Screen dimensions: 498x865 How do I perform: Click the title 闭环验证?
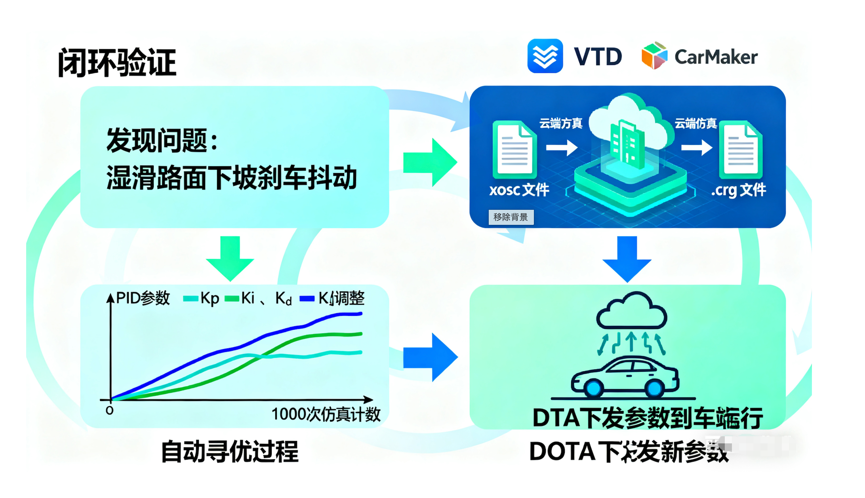117,63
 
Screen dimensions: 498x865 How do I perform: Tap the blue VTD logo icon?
545,56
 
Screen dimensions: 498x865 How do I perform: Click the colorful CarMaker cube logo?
654,56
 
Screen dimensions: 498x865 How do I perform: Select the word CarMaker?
716,57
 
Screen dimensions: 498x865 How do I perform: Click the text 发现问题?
162,140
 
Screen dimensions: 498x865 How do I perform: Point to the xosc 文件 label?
519,190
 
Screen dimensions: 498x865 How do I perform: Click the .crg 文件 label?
739,190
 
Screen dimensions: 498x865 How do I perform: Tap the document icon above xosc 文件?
514,149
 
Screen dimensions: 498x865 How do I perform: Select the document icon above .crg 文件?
741,149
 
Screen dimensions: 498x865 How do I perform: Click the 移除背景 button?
511,217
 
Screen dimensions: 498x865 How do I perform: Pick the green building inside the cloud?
627,143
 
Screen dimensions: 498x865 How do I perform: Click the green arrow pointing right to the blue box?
430,162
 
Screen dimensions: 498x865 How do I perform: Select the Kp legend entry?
202,298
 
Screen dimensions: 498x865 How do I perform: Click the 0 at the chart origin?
110,411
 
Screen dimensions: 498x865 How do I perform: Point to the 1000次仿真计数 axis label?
326,414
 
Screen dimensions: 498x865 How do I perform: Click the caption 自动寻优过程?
230,451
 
